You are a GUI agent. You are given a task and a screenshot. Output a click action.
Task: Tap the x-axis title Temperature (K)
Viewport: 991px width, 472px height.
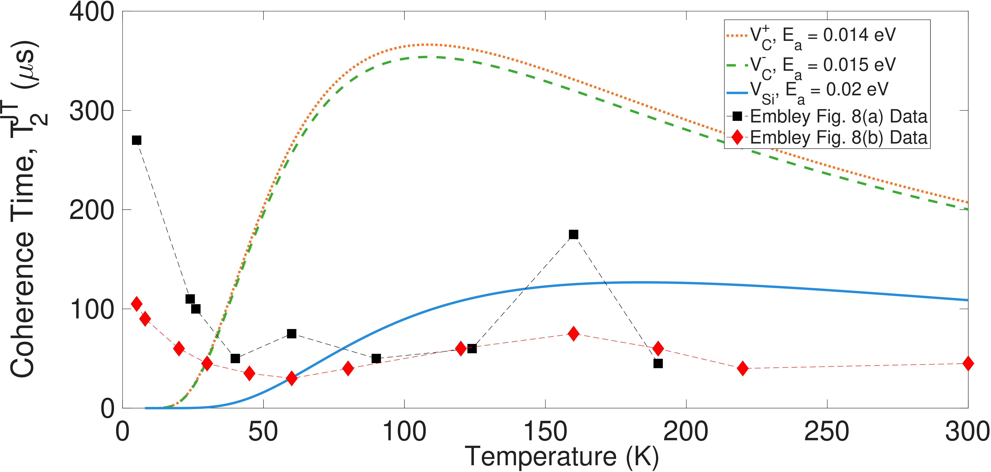tap(562, 457)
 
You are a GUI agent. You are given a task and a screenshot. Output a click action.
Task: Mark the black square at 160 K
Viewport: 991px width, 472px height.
tap(573, 234)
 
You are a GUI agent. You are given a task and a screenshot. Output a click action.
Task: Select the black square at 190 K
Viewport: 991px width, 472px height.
tap(658, 363)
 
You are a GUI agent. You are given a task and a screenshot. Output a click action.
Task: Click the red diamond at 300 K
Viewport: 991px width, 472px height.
tap(968, 363)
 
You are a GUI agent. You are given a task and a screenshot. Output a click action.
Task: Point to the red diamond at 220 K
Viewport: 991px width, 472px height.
tap(742, 368)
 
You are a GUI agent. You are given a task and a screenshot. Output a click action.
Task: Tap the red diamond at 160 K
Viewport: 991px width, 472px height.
tap(573, 333)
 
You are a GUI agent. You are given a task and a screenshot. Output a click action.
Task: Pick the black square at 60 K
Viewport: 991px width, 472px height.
tap(292, 333)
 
